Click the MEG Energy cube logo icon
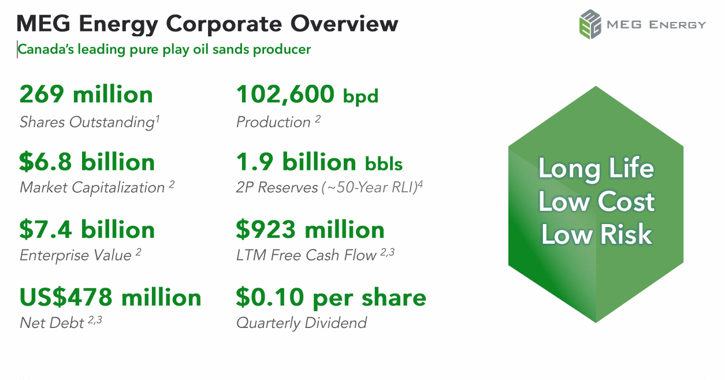click(x=590, y=24)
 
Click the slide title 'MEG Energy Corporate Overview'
click(x=207, y=24)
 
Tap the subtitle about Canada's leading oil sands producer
click(x=164, y=50)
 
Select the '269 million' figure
click(x=86, y=94)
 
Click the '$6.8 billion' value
click(x=87, y=162)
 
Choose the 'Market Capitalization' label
click(x=92, y=188)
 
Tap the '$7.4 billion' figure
click(x=87, y=230)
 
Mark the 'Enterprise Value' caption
click(x=76, y=255)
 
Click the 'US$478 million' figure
click(x=110, y=297)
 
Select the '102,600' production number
click(x=285, y=94)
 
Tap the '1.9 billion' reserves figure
click(x=296, y=162)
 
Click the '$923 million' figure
click(x=310, y=230)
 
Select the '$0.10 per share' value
click(x=331, y=297)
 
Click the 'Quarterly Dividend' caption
click(x=302, y=322)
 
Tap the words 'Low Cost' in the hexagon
click(x=596, y=202)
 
